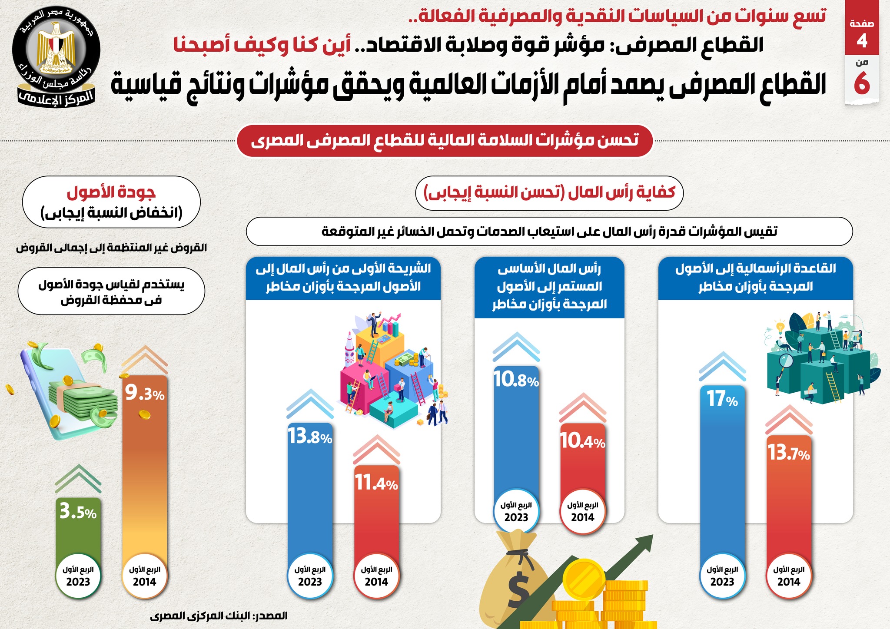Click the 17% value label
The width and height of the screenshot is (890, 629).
pyautogui.click(x=722, y=399)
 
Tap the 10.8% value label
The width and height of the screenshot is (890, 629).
pyautogui.click(x=516, y=380)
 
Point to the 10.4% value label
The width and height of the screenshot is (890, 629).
pyautogui.click(x=583, y=441)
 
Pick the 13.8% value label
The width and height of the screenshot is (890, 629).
pyautogui.click(x=310, y=437)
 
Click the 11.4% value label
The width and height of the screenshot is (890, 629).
pyautogui.click(x=376, y=483)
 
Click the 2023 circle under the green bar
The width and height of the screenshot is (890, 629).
pyautogui.click(x=78, y=576)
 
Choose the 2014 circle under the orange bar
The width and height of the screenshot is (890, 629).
pyautogui.click(x=145, y=576)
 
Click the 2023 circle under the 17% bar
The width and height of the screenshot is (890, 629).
pyautogui.click(x=722, y=576)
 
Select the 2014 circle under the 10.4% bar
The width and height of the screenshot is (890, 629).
pyautogui.click(x=583, y=512)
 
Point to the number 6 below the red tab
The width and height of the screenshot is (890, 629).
pyautogui.click(x=862, y=83)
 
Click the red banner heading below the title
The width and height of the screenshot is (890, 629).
pyautogui.click(x=445, y=140)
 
